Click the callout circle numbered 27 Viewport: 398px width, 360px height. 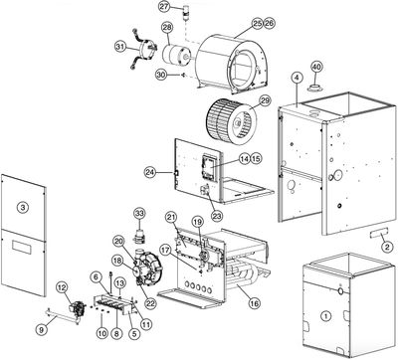pos(165,7)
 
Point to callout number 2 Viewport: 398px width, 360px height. pos(387,246)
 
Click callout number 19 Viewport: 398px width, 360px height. pos(196,221)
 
